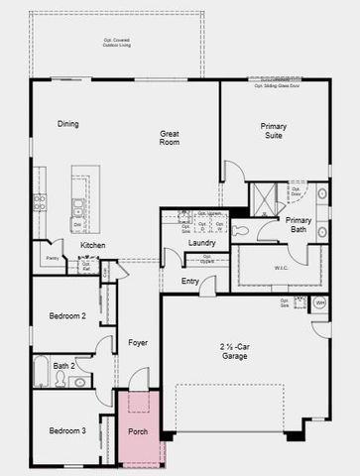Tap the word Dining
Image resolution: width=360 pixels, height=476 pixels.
(x=67, y=124)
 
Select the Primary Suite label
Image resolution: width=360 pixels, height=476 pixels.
(x=273, y=132)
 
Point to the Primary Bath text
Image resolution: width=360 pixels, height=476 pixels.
(x=299, y=225)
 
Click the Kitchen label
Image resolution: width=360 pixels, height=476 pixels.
(x=93, y=245)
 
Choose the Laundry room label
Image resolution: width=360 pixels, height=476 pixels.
(x=201, y=243)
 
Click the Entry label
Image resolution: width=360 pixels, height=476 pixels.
(x=190, y=282)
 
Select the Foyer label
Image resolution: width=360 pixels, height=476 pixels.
(x=138, y=343)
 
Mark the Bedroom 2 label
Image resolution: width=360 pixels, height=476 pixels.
(x=68, y=316)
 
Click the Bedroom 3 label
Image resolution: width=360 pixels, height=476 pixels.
(x=68, y=430)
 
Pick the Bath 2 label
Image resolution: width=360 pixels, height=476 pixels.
(x=63, y=366)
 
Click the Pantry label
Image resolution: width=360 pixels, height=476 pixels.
(x=51, y=258)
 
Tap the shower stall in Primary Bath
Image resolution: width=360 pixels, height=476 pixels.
(x=265, y=198)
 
